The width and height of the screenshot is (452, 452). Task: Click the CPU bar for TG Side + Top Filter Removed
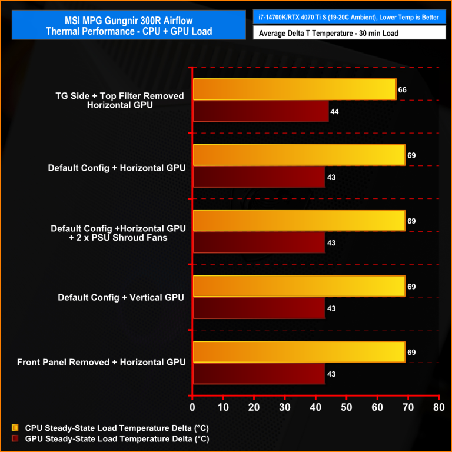point(294,89)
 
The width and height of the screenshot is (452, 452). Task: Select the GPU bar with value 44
point(261,111)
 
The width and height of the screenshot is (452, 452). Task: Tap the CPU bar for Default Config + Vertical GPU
point(299,287)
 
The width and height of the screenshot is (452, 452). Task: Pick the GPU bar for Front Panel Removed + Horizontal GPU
point(259,374)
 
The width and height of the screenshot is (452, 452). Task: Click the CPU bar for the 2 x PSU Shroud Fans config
point(299,221)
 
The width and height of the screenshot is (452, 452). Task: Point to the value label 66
point(403,90)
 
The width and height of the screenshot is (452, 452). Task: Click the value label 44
point(334,111)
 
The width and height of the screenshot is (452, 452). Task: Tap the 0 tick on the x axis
point(192,407)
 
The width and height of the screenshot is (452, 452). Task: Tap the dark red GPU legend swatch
point(14,438)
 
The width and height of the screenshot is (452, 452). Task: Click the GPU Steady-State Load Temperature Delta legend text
point(115,438)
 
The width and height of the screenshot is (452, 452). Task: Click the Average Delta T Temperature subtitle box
point(349,34)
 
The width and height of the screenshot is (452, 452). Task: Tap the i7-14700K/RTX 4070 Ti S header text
point(349,17)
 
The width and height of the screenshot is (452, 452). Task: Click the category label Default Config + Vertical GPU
point(121,297)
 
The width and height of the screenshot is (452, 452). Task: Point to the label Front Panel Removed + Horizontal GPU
point(101,362)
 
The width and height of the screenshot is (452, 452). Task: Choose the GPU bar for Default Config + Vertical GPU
point(259,308)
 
